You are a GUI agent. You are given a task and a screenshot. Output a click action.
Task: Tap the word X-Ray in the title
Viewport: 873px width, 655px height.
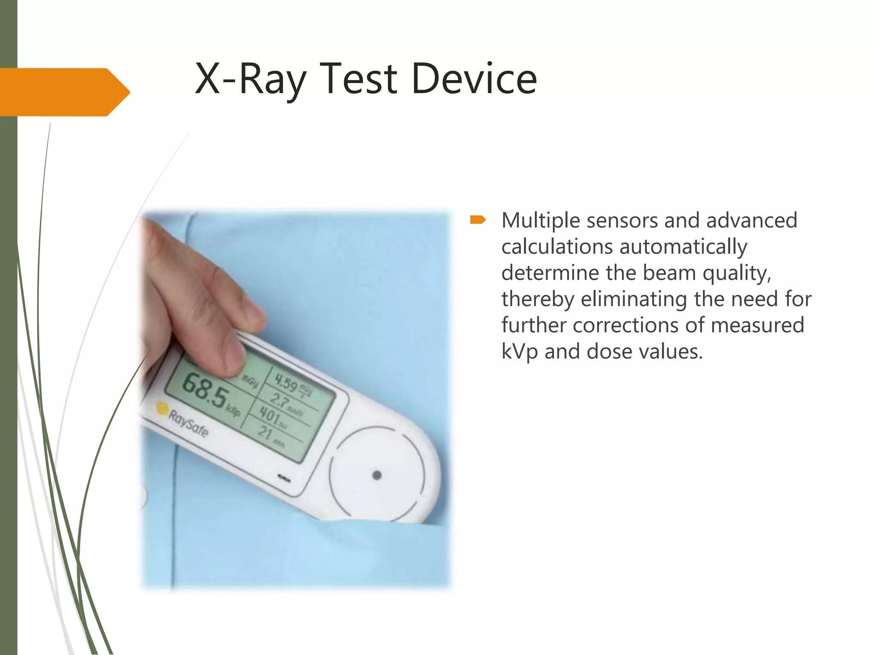(x=251, y=80)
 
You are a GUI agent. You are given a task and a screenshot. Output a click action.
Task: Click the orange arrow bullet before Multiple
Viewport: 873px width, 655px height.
(x=478, y=220)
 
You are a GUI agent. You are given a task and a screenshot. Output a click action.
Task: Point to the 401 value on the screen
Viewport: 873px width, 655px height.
(x=270, y=414)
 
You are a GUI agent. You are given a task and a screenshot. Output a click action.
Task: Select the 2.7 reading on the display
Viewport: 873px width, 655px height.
(x=280, y=400)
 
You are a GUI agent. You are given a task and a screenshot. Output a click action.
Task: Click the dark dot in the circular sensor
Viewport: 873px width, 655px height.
(x=377, y=475)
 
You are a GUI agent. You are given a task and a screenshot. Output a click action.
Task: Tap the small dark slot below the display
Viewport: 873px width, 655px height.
(x=284, y=478)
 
